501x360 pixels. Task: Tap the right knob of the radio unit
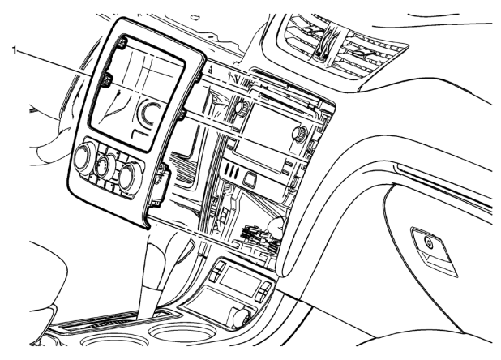[x=302, y=135]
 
